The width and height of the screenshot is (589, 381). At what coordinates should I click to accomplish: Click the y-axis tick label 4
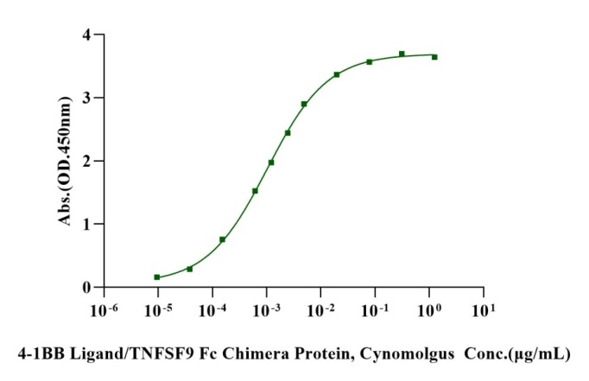(x=86, y=35)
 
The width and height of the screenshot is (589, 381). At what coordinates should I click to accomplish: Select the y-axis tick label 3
(x=86, y=98)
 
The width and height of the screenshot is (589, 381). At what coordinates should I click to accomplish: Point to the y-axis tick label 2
(x=86, y=162)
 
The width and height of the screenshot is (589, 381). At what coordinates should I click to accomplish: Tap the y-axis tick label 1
(x=86, y=225)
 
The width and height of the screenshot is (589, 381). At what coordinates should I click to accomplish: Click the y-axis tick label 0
(x=86, y=288)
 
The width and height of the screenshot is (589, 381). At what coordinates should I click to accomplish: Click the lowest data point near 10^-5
(x=157, y=277)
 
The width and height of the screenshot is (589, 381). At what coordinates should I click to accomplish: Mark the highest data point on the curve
(x=402, y=54)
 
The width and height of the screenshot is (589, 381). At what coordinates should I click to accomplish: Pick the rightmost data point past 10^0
(x=434, y=57)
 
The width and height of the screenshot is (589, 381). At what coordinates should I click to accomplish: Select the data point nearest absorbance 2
(x=271, y=162)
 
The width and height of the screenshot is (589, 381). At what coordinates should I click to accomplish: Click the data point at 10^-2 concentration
(x=337, y=74)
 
